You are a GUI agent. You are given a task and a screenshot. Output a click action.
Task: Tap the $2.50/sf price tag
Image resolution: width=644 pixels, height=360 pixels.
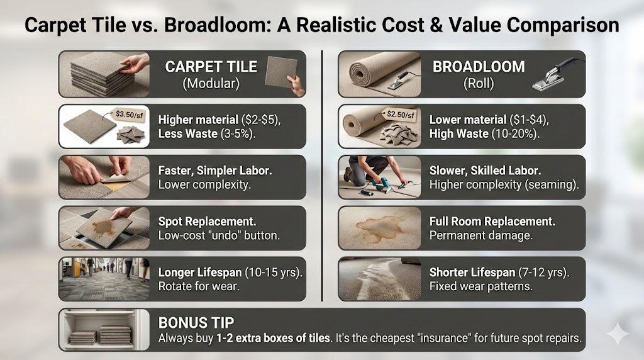click(399, 115)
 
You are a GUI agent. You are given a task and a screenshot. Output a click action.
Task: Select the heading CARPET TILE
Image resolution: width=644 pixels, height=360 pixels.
click(211, 67)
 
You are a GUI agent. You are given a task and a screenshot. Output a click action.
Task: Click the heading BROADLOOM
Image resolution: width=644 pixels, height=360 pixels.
click(479, 67)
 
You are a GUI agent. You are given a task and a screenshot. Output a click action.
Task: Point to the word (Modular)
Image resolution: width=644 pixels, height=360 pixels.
click(211, 84)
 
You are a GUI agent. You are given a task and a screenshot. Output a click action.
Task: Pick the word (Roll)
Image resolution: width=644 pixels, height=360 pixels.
click(479, 84)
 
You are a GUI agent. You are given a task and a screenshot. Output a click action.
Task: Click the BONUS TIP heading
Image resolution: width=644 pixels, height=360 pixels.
click(196, 323)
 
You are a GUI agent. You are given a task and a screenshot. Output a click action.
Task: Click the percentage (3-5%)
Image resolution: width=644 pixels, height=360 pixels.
click(238, 134)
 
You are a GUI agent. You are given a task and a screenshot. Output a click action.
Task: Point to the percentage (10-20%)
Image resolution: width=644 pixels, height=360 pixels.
click(515, 134)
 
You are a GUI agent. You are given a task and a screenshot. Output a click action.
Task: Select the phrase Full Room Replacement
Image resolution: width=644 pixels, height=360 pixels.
click(492, 222)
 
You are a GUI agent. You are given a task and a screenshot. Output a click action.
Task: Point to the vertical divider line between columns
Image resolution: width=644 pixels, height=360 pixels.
click(322, 176)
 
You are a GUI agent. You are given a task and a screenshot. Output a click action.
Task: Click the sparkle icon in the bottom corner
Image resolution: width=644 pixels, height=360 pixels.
click(618, 334)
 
